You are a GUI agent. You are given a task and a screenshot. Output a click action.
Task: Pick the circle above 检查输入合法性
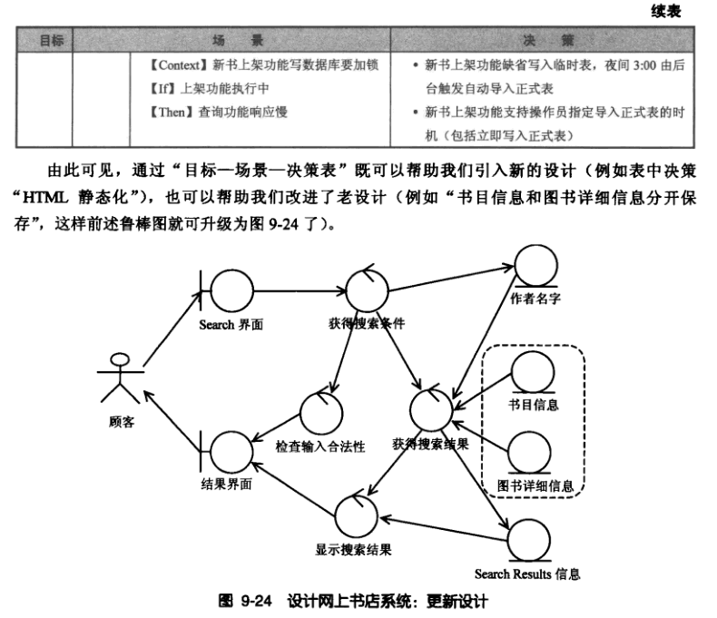pyautogui.click(x=320, y=414)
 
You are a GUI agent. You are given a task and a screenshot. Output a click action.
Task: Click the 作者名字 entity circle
pyautogui.click(x=535, y=267)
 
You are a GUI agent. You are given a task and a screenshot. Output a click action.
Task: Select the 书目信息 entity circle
pyautogui.click(x=533, y=373)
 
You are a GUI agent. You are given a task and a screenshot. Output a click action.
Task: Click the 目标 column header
pyautogui.click(x=52, y=40)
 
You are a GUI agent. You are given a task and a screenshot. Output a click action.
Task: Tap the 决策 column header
pyautogui.click(x=548, y=40)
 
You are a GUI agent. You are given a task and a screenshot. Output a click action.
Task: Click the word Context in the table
pyautogui.click(x=177, y=64)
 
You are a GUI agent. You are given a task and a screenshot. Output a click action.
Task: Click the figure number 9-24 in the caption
pyautogui.click(x=256, y=601)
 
